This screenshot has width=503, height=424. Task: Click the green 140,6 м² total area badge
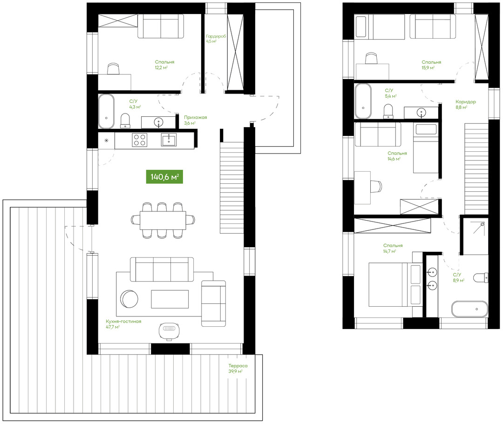tap(164, 176)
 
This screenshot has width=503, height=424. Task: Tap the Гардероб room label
tap(216, 36)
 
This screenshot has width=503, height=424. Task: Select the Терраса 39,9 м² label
tap(238, 368)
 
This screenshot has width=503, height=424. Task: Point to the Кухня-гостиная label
tap(123, 322)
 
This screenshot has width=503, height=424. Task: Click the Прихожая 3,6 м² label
tap(195, 120)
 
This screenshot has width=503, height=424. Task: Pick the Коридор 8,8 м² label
tap(465, 104)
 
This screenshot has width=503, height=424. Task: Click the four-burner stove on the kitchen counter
tap(140, 140)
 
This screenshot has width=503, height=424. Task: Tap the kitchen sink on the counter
tap(169, 140)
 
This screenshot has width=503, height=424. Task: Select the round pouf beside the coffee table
tap(129, 299)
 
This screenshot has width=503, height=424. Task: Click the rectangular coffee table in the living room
tap(170, 299)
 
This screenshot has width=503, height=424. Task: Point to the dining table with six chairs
tap(163, 221)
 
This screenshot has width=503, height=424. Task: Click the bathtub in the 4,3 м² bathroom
tap(106, 111)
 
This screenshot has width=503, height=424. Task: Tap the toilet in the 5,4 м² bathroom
tap(388, 111)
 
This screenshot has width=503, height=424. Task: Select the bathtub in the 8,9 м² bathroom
tap(469, 309)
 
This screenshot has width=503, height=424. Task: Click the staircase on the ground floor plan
tap(231, 188)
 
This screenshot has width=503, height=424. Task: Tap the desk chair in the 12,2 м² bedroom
tap(113, 68)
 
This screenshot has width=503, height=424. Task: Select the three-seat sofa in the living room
tap(162, 269)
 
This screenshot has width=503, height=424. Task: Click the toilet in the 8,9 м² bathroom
tap(481, 277)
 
